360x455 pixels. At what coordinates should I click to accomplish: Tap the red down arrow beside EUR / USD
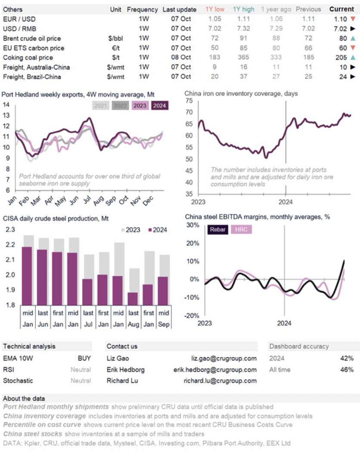tap(353, 19)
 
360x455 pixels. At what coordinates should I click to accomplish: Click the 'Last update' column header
tap(180, 9)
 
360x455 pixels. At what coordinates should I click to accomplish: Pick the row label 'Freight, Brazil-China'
tap(32, 77)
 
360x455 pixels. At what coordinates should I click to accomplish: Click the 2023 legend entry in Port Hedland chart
tap(139, 105)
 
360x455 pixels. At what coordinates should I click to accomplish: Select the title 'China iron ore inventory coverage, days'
tap(241, 93)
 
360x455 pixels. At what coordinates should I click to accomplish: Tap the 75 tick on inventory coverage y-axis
tap(189, 101)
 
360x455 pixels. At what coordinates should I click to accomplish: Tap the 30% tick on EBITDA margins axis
tap(192, 225)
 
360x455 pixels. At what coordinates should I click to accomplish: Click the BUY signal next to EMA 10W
tap(84, 358)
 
